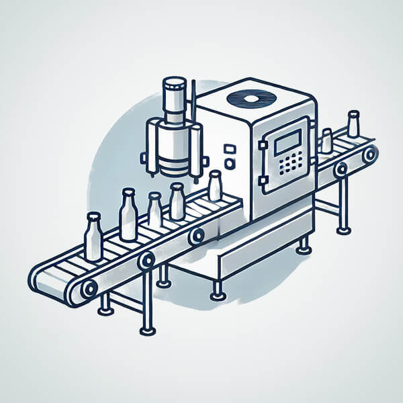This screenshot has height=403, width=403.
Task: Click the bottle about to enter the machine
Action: [x=215, y=186]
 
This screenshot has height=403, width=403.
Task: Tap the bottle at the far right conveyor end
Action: [x=353, y=125]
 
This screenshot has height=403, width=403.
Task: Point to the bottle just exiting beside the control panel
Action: [x=326, y=141]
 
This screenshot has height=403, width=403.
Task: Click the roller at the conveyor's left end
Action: [x=89, y=288]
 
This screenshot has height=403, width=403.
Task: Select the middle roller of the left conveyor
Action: [x=146, y=260]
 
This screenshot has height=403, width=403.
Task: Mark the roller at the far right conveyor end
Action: [x=369, y=154]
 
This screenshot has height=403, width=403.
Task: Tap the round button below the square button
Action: [x=230, y=163]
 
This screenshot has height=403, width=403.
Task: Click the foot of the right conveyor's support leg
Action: [x=344, y=230]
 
